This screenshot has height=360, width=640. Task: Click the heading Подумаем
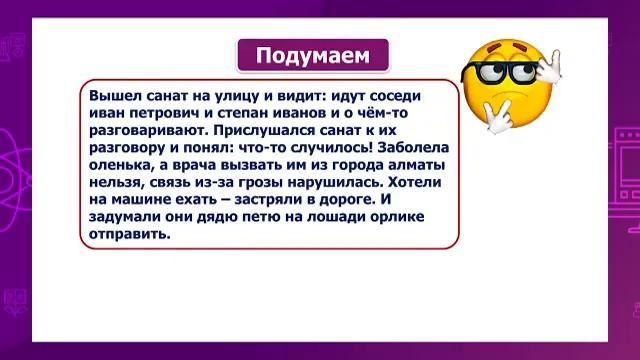click(312, 54)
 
